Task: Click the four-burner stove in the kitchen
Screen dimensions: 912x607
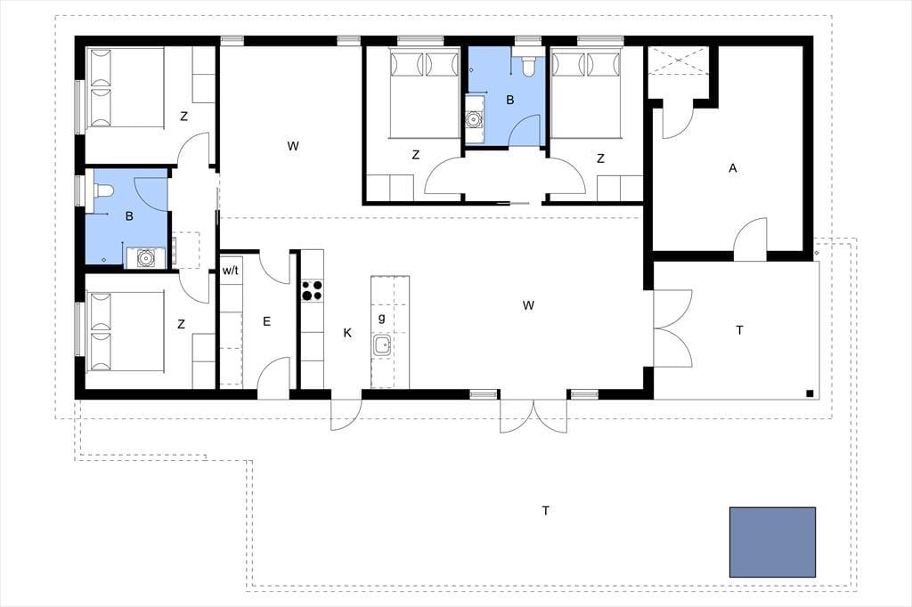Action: [x=311, y=290]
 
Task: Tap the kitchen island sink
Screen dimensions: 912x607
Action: [x=382, y=345]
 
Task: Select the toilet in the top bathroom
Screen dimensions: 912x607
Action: [x=528, y=66]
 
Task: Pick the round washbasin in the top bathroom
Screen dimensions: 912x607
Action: [x=474, y=120]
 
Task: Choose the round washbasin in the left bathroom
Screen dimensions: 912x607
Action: [x=145, y=257]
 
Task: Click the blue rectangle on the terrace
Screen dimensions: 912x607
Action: [x=772, y=542]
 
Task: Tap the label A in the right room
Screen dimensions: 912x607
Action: [x=733, y=168]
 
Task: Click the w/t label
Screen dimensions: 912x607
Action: [x=231, y=271]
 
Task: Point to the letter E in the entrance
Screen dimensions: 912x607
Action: [x=267, y=321]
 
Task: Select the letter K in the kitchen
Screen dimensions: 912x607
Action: [x=347, y=333]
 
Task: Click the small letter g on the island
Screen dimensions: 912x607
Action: [x=381, y=318]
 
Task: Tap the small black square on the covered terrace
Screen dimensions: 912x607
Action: [x=810, y=393]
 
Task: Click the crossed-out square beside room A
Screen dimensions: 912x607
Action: [x=678, y=60]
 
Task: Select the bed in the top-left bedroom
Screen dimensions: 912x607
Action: [x=125, y=87]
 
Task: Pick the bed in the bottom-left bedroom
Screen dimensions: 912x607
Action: [x=125, y=331]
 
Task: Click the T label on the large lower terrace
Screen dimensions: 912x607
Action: [x=546, y=511]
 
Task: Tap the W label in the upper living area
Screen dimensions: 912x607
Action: [x=292, y=146]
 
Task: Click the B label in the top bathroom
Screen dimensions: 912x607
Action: [x=510, y=100]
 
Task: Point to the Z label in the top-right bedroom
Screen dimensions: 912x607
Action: [x=600, y=158]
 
